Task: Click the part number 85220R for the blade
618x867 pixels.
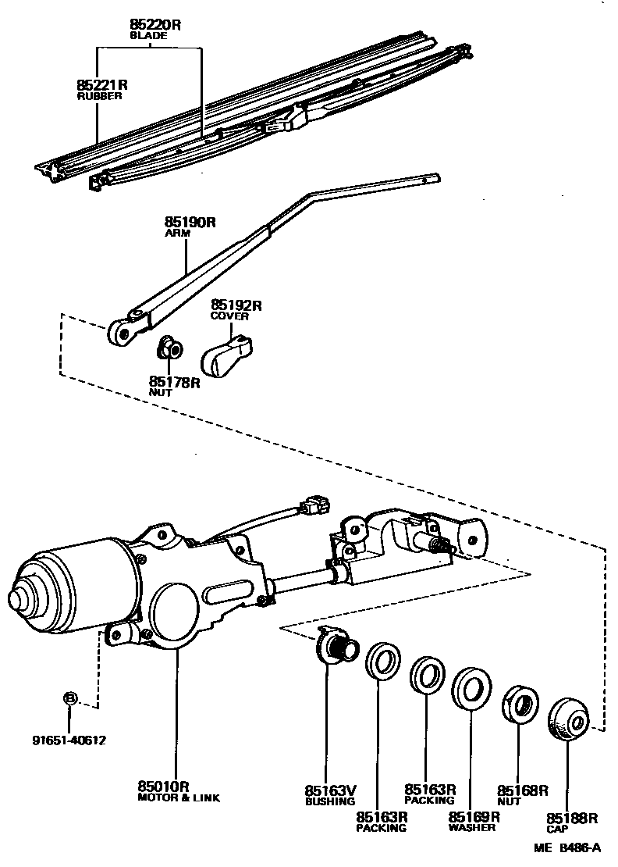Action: coord(154,25)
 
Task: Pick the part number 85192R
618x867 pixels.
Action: coord(236,305)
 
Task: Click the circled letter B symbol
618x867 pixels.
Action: coord(69,698)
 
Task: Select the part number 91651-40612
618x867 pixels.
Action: coord(70,740)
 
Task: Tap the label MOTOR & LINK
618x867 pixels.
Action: coord(179,797)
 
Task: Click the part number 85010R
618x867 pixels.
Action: coord(165,786)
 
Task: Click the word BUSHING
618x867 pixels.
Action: coord(329,801)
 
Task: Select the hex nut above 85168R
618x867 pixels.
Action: coord(519,705)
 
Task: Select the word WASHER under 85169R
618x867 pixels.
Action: coord(472,827)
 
